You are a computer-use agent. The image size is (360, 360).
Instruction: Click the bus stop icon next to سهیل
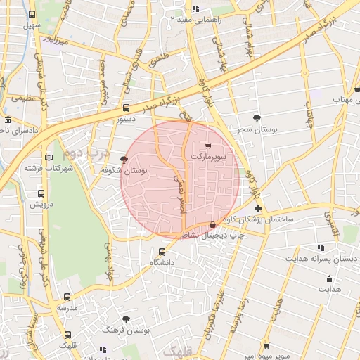click(32, 14)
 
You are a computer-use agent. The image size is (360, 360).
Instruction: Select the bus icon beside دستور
click(126, 108)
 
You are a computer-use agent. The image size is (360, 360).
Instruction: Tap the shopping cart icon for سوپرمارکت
click(208, 146)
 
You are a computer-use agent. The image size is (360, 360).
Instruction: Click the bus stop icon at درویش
click(40, 193)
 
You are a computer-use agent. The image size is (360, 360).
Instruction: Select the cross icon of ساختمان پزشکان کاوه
click(258, 208)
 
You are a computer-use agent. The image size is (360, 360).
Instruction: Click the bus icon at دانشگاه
click(162, 251)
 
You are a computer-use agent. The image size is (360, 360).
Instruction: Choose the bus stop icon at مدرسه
click(67, 297)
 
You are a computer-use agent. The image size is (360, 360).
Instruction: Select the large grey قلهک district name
click(172, 349)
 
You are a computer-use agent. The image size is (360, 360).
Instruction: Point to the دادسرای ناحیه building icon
click(7, 120)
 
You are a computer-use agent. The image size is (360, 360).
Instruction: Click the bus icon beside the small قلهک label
click(67, 335)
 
